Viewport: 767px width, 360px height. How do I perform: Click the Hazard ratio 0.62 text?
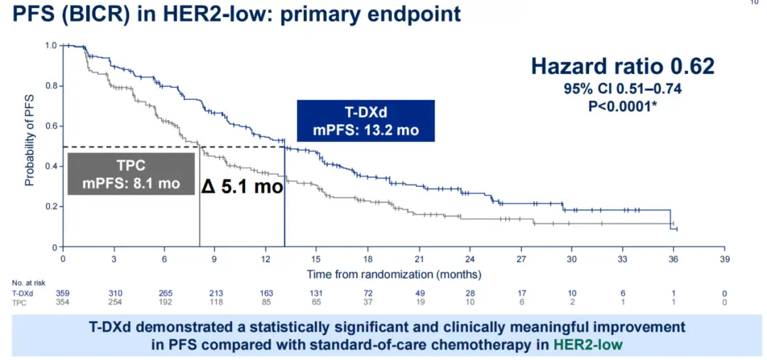tap(623, 67)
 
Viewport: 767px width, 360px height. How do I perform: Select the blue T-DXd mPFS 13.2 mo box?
tap(366, 120)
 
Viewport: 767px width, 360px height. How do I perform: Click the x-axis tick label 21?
tap(419, 258)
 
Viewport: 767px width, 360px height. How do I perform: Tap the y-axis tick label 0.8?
tap(51, 86)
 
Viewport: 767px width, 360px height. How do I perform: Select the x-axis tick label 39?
tap(724, 258)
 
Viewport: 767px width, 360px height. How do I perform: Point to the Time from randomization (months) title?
tap(393, 273)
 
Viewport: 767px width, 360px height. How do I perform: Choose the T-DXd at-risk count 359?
tap(62, 293)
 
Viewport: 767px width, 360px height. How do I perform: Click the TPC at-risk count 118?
tap(215, 302)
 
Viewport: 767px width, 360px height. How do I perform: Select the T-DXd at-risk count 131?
tap(317, 293)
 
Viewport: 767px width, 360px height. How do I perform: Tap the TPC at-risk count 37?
tap(368, 302)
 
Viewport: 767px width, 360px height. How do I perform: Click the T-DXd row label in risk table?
tap(22, 293)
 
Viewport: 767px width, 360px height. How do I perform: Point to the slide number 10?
tap(754, 4)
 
